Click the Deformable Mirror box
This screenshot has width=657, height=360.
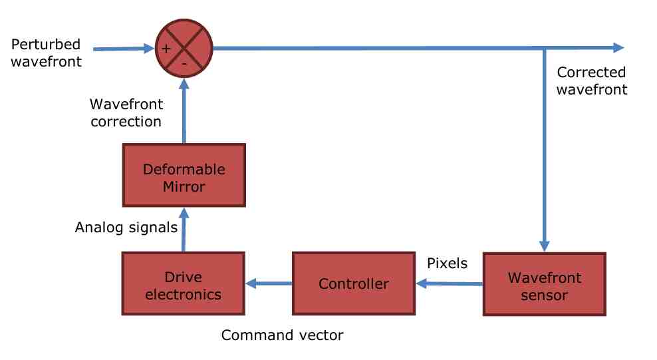click(x=184, y=175)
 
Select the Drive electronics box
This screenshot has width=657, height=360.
click(x=183, y=283)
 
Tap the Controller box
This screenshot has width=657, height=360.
click(x=354, y=283)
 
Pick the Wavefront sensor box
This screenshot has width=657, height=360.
click(x=545, y=283)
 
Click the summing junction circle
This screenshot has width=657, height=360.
click(x=184, y=48)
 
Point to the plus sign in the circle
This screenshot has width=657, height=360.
click(x=166, y=49)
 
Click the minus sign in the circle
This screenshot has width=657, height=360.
click(x=184, y=64)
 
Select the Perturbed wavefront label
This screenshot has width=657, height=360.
click(x=46, y=53)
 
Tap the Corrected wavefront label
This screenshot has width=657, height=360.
click(x=592, y=81)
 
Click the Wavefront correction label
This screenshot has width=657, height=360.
click(x=126, y=112)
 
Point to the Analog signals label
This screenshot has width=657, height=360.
click(x=126, y=228)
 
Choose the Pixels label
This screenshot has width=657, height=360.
click(x=447, y=264)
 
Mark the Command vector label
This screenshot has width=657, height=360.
click(x=283, y=335)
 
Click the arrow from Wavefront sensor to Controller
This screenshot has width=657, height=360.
click(x=449, y=283)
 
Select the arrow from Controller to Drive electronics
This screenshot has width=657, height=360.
click(x=269, y=283)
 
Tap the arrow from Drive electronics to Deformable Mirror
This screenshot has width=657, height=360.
click(x=184, y=230)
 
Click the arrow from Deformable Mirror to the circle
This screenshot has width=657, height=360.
click(x=184, y=110)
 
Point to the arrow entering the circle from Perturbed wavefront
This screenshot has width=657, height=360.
click(x=124, y=49)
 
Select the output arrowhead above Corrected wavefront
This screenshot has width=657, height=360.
click(x=619, y=48)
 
